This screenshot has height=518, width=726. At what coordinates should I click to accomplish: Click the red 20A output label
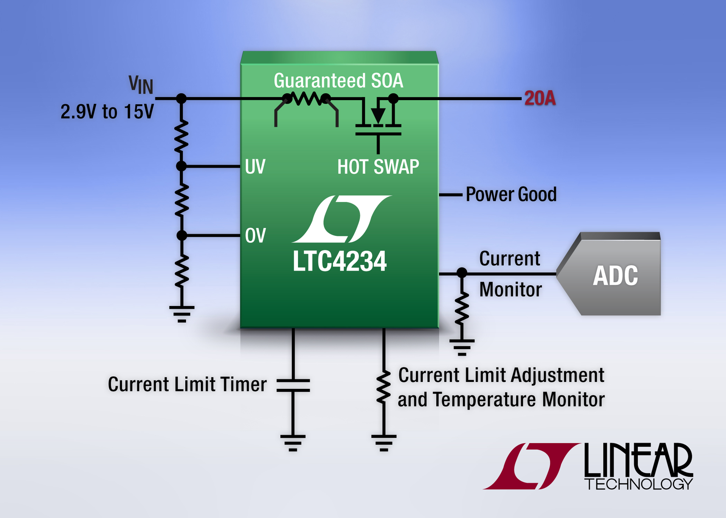pos(540,98)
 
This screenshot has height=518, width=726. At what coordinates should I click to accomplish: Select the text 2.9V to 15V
pos(107,112)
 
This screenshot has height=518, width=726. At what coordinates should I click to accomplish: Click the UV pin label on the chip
pos(255,167)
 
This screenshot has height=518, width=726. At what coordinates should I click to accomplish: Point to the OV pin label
pos(255,236)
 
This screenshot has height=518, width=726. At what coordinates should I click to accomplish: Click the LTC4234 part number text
pos(339,261)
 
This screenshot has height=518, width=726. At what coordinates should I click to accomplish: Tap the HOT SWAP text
pos(378,167)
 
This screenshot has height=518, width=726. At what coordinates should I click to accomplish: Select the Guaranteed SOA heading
pos(338,81)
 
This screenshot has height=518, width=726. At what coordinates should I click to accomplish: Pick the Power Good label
pos(511,195)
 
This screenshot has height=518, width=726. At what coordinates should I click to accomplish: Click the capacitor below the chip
pos(293,385)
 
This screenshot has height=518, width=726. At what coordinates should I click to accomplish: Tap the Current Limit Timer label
pos(187,384)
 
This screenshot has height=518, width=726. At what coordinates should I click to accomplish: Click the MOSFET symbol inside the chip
pos(378,121)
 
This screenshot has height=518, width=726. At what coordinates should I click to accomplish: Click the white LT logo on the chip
pos(341,219)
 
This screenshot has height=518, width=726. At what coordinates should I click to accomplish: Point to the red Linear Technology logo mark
pos(531,466)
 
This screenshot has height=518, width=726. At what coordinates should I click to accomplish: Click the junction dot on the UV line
pos(181,166)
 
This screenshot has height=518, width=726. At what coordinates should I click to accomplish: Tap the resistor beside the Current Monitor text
pos(462,308)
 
